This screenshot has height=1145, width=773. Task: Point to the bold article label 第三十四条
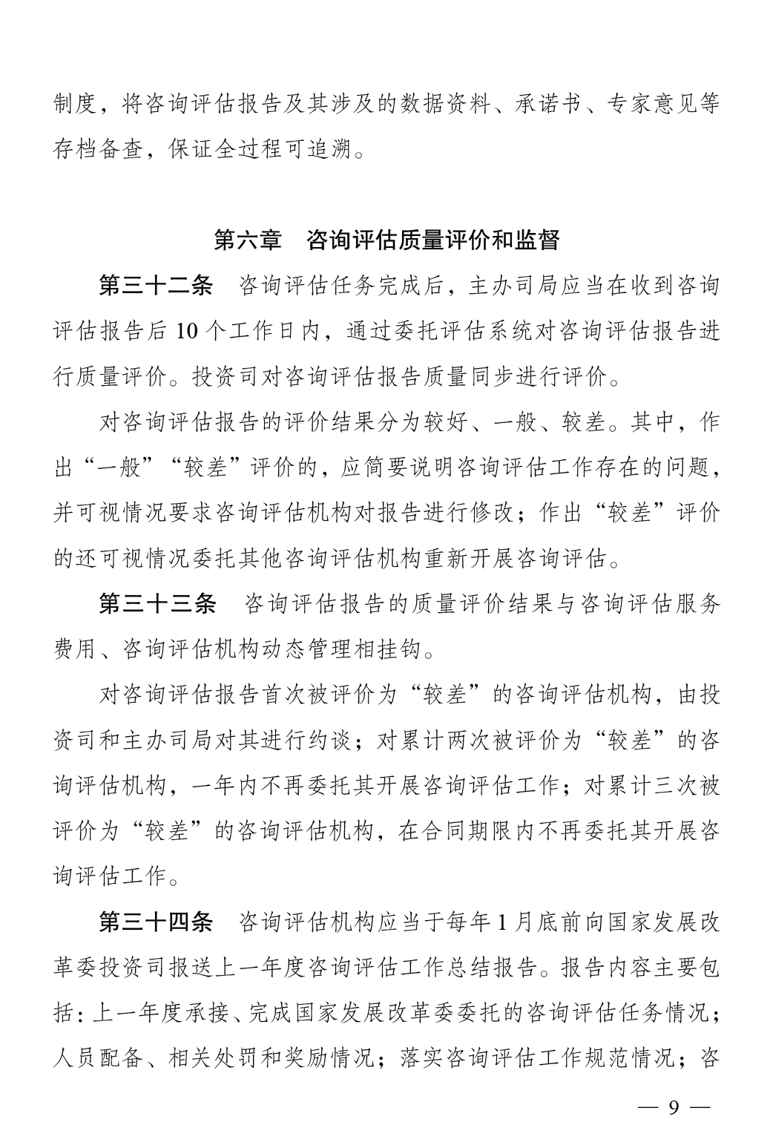tap(157, 922)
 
